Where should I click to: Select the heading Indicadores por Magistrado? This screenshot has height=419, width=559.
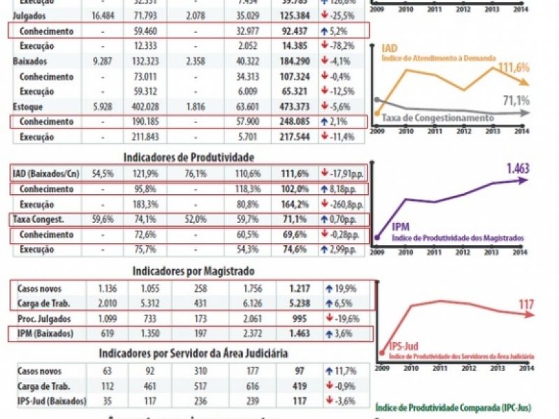point(187,271)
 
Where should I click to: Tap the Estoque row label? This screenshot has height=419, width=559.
point(28,107)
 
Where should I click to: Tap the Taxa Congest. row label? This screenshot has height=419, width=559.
point(38,219)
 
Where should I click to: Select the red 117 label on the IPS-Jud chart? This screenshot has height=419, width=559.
point(526,304)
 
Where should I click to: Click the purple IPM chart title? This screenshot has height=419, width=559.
point(402,227)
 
